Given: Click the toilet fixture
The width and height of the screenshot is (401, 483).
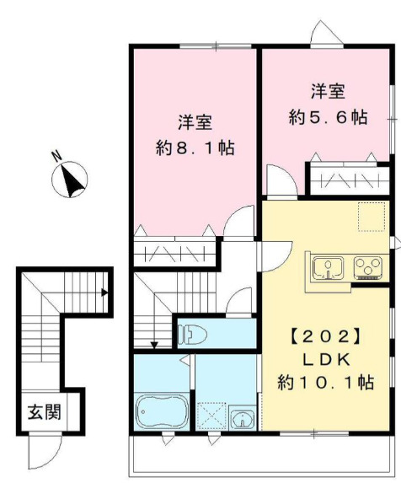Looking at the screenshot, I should pos(195,334).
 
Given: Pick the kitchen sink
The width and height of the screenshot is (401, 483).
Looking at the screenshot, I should pos(324,267).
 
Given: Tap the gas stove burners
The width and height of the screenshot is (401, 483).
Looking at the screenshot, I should pos(367,267).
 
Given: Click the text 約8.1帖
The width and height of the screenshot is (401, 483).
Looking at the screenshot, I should pos(195,148).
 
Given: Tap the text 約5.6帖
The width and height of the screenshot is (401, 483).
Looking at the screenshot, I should pos(329,117).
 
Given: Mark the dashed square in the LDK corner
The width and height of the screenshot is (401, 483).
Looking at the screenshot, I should pos(368,217).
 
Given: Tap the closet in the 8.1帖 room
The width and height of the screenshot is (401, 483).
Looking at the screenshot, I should pos(175,252).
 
